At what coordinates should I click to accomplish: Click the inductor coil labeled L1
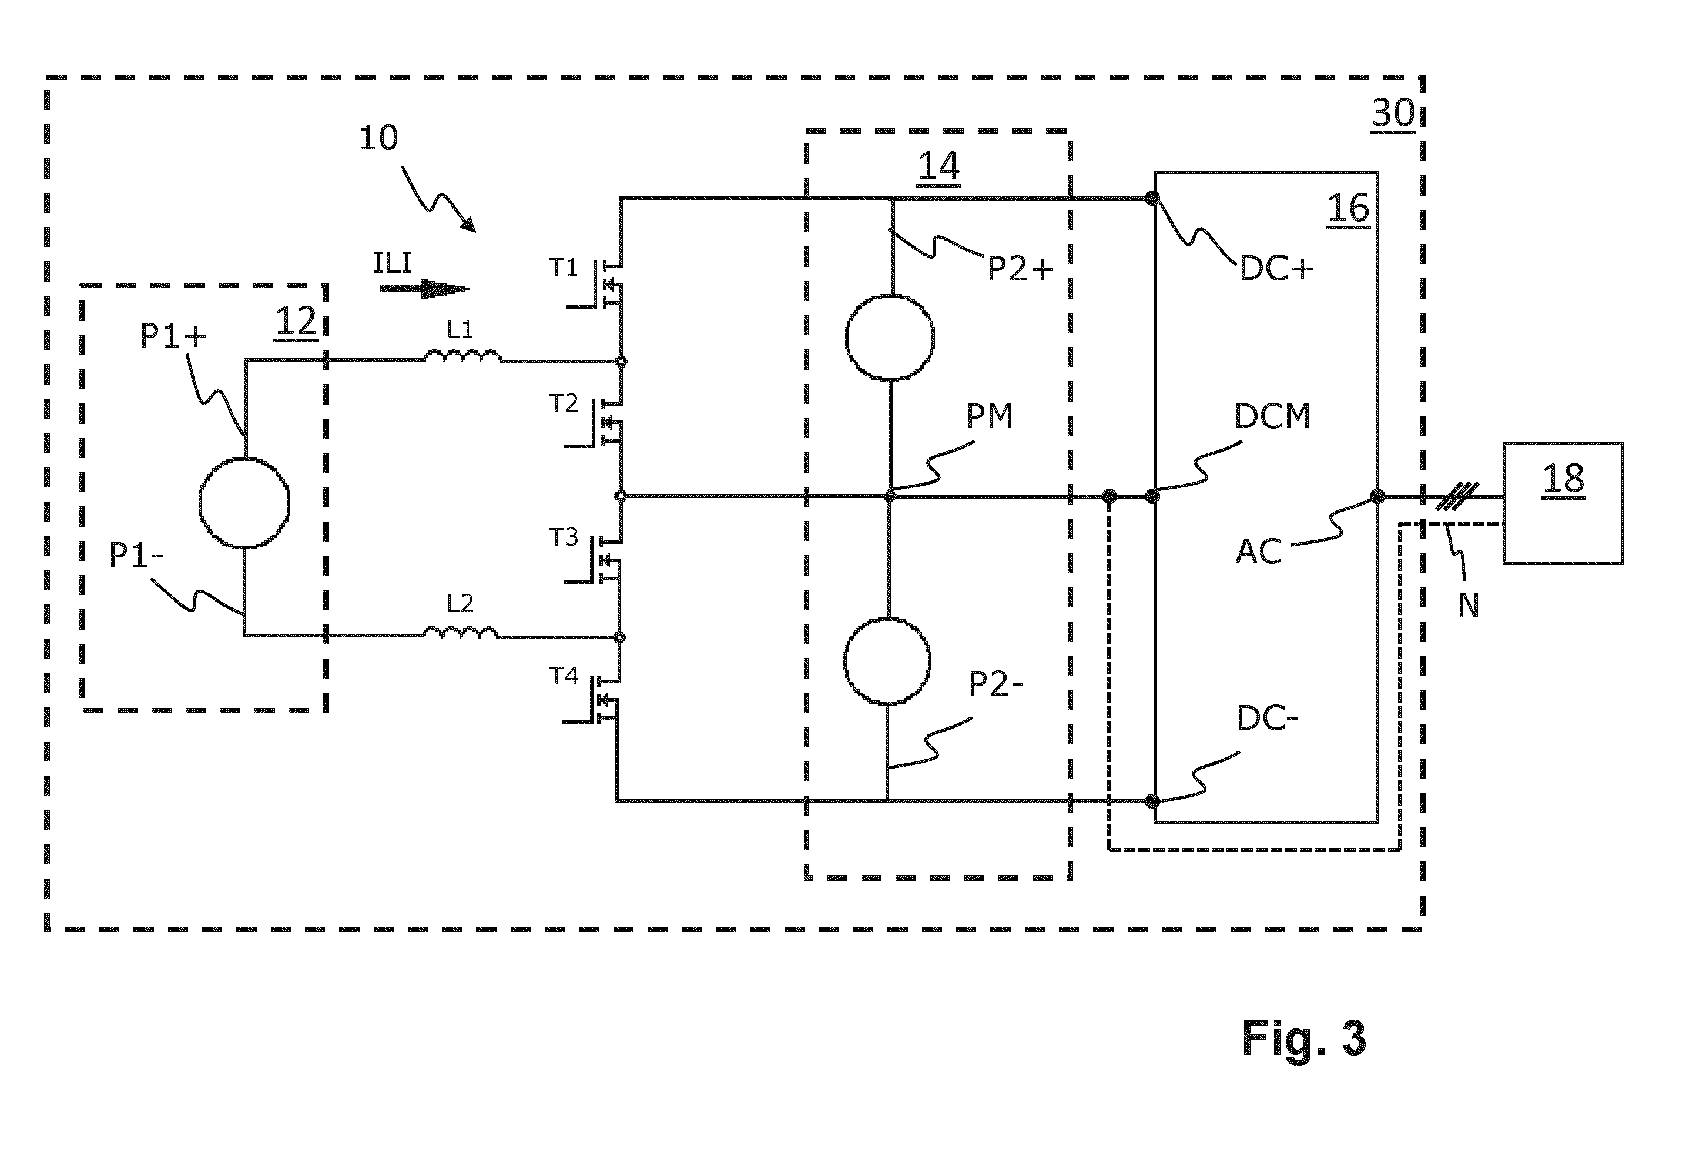pyautogui.click(x=462, y=356)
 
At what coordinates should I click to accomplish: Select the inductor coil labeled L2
pyautogui.click(x=461, y=633)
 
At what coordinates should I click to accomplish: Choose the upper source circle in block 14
pyautogui.click(x=890, y=337)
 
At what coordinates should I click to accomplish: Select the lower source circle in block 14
pyautogui.click(x=887, y=661)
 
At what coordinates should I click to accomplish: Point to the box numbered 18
pyautogui.click(x=1563, y=503)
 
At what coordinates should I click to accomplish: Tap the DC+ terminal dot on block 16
pyautogui.click(x=1152, y=198)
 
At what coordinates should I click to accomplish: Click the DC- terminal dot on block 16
pyautogui.click(x=1152, y=801)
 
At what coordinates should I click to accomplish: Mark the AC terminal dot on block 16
pyautogui.click(x=1377, y=497)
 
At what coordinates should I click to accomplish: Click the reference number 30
pyautogui.click(x=1393, y=113)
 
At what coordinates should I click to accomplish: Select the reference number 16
pyautogui.click(x=1349, y=209)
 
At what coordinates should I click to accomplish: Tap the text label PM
pyautogui.click(x=989, y=416)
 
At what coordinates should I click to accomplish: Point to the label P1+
pyautogui.click(x=173, y=336)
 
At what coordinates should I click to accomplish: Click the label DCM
pyautogui.click(x=1272, y=417)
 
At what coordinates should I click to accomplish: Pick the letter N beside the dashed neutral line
pyautogui.click(x=1468, y=606)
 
